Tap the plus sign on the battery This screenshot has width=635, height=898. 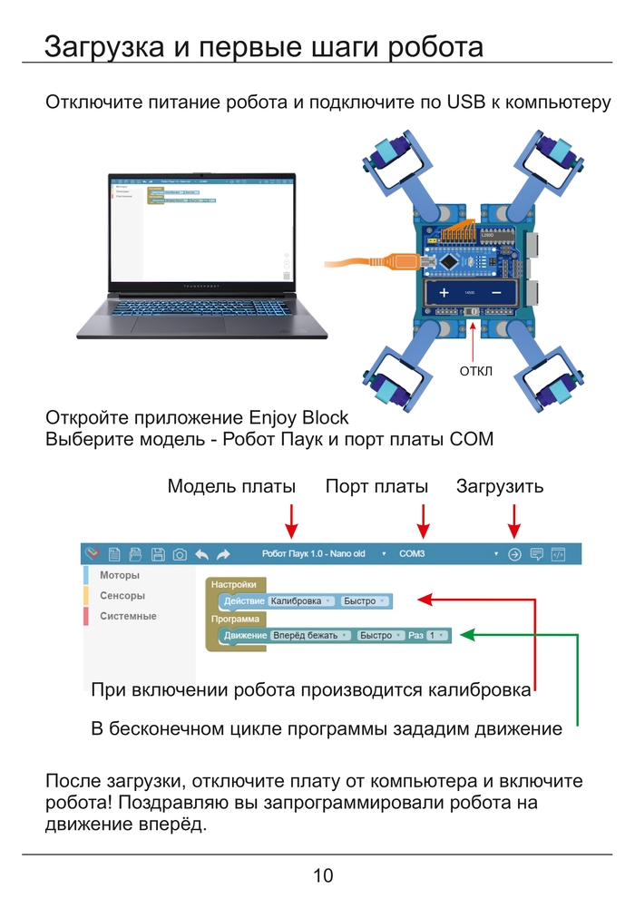pos(444,294)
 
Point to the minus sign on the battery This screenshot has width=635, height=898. pos(497,294)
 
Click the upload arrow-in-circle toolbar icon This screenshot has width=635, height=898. pos(514,553)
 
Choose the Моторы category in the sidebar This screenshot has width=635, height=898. pos(120,575)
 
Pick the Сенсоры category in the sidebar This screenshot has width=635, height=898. pos(122,596)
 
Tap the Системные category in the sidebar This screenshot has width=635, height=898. pos(128,616)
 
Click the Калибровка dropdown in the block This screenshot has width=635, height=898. pos(302,600)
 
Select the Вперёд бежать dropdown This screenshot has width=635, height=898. pos(310,635)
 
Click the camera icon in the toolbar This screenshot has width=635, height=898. pos(180,553)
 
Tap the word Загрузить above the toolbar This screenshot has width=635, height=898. pos(500,486)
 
